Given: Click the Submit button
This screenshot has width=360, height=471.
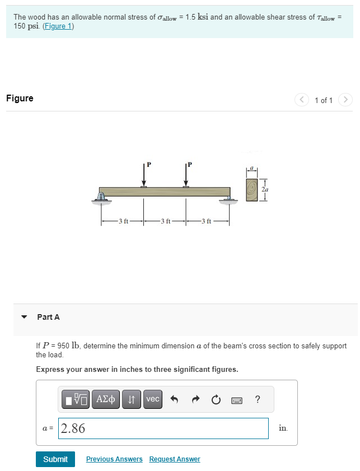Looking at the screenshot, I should [55, 459].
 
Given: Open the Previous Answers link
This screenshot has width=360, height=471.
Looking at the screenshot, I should [114, 459].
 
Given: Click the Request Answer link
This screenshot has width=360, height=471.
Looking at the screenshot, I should [175, 459].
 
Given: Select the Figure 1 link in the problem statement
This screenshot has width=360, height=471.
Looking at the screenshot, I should [58, 27].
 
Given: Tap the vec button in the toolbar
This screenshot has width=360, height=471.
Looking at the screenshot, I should [152, 399].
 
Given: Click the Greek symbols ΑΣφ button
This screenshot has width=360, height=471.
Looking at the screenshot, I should [105, 399].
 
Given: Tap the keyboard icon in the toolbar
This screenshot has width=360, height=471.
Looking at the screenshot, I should [236, 400].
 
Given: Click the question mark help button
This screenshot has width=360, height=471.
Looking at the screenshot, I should [257, 399].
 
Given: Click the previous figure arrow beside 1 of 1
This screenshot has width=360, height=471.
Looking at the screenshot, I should [302, 100].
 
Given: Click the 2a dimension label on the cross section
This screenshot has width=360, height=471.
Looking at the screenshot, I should [264, 190].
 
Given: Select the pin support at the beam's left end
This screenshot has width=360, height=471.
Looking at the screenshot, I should [102, 197].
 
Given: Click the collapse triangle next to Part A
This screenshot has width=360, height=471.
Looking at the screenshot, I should [24, 317].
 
